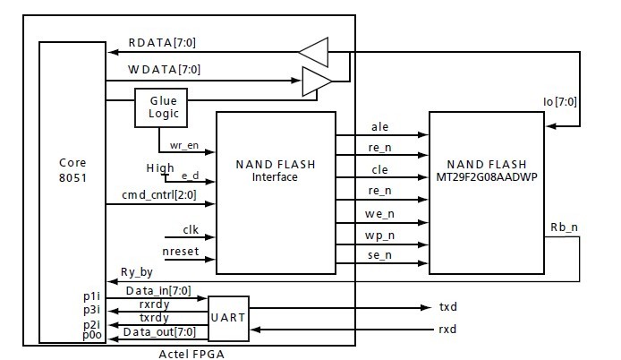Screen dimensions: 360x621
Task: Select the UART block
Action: [x=227, y=318]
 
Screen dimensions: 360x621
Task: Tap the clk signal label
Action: [x=190, y=229]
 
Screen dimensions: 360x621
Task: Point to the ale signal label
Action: [x=379, y=127]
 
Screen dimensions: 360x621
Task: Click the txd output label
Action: [x=447, y=307]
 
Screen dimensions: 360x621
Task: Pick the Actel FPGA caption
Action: [x=191, y=353]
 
